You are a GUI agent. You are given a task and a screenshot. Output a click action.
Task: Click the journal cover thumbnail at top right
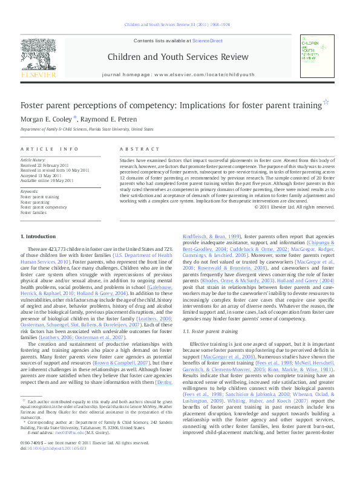point(317,56)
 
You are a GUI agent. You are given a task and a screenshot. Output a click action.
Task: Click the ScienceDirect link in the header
point(208,41)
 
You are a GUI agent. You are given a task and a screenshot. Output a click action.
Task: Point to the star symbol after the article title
point(326,102)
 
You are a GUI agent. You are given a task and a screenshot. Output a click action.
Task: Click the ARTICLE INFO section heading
point(50,149)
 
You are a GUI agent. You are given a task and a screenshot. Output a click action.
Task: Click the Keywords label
point(30,191)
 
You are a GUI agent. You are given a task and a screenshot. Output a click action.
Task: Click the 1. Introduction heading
point(39,236)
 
